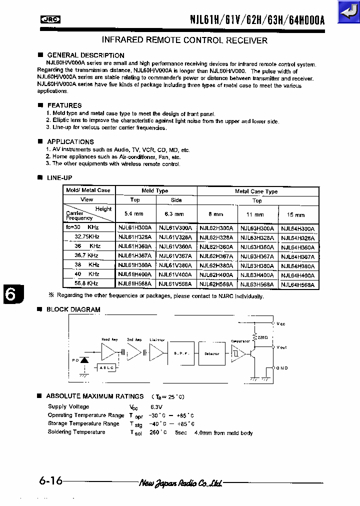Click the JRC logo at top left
point(50,19)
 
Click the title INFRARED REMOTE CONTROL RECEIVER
point(184,40)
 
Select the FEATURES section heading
point(64,105)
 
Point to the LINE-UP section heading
point(59,178)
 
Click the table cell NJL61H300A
point(134,228)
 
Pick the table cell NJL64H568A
point(298,284)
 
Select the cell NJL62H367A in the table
point(216,256)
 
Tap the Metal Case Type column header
point(256,191)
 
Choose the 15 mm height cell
point(296,214)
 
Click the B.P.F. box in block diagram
point(181,354)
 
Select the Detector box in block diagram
point(212,354)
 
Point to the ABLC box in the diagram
point(107,367)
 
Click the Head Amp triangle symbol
point(107,352)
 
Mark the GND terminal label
point(282,368)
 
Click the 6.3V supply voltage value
point(157,407)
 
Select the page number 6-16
point(50,481)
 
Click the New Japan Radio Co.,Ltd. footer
point(180,482)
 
